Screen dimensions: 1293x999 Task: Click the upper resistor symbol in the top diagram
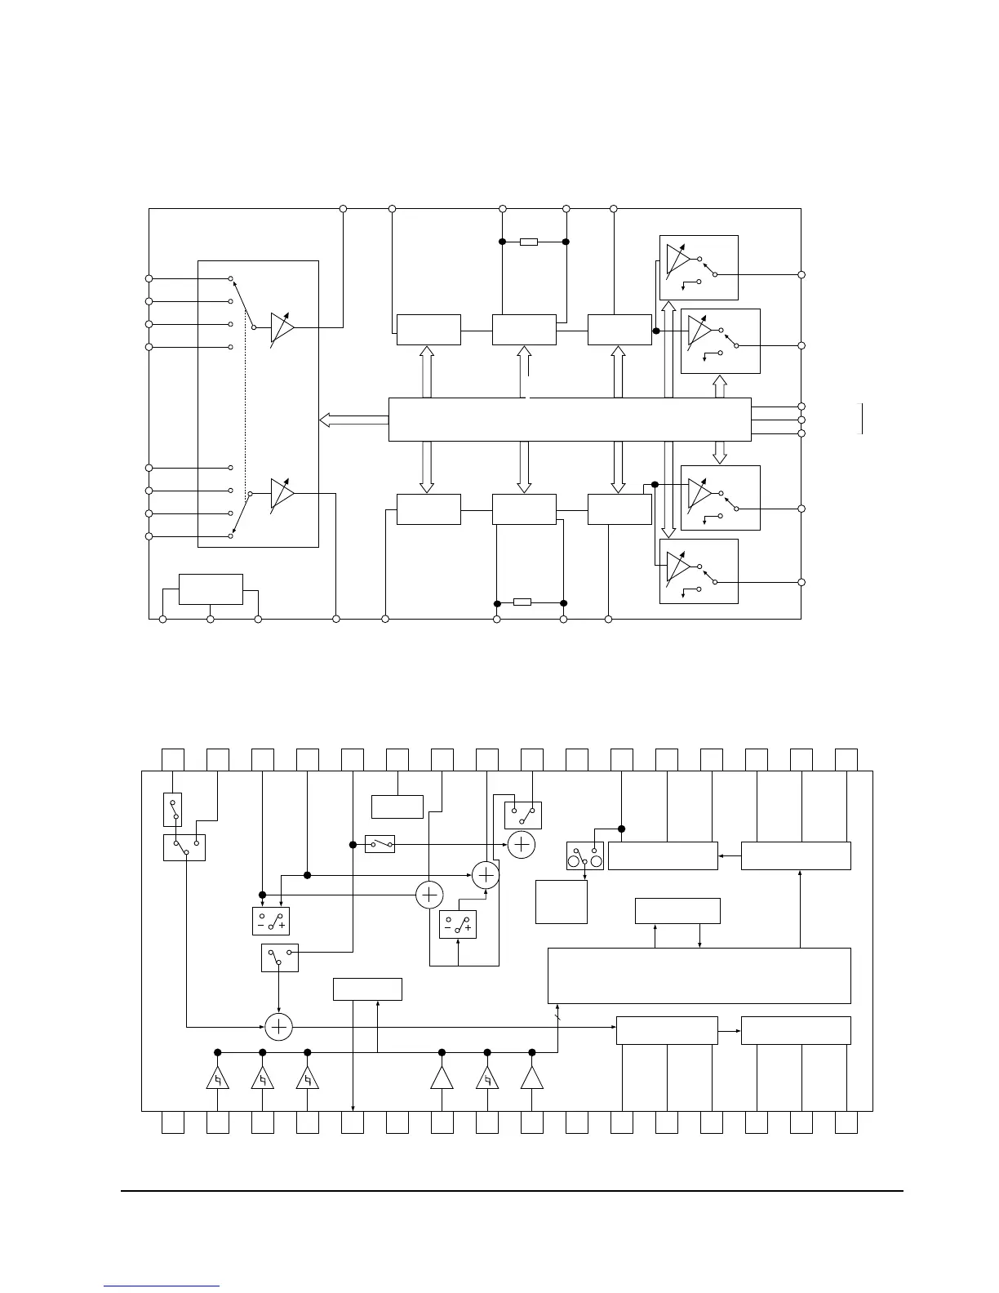point(529,242)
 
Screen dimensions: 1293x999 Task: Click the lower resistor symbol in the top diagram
point(522,602)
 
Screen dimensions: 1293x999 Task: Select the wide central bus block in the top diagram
point(569,420)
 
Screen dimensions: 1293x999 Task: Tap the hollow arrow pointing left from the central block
point(353,420)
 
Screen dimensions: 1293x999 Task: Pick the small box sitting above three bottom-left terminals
point(211,589)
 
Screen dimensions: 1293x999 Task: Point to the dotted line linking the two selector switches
point(245,408)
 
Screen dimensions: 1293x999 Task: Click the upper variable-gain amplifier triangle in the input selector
point(282,327)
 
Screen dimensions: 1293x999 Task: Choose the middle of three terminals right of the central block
point(801,420)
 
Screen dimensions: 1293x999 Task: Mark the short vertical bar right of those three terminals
point(862,419)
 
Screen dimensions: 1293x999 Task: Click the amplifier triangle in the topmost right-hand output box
point(677,259)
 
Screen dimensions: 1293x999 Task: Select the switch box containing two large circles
point(585,855)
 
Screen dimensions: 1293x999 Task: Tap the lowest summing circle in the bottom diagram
point(279,1027)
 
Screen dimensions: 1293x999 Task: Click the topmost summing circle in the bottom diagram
point(522,844)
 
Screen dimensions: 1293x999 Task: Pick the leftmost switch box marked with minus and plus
point(271,921)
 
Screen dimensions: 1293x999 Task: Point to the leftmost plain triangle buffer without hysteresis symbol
point(442,1078)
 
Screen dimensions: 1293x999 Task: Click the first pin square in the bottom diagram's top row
point(172,759)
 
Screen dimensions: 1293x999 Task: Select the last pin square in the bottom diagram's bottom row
point(846,1122)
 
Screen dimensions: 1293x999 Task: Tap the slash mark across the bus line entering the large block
point(558,1020)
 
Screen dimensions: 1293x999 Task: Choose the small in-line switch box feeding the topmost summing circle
point(380,844)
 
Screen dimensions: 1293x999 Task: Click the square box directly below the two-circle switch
point(562,901)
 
